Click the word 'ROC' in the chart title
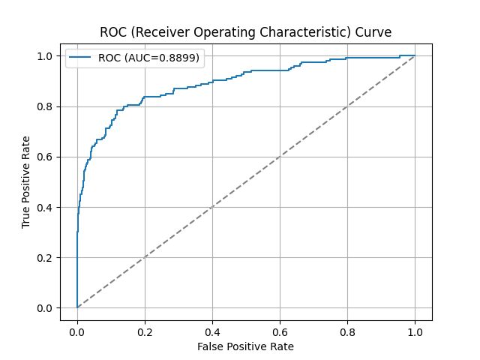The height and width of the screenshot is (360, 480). (x=113, y=31)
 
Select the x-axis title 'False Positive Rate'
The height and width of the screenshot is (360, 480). (x=245, y=347)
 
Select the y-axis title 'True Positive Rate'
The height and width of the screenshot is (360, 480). (x=26, y=182)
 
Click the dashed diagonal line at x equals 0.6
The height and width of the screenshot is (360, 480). (x=280, y=157)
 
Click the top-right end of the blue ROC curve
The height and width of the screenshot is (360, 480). (x=414, y=55)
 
